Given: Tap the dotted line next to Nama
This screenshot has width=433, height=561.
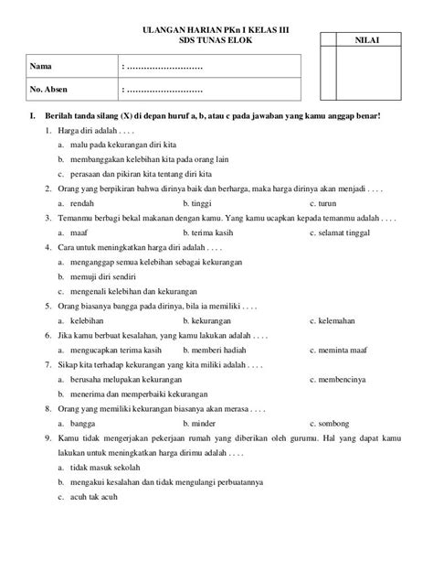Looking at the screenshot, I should pos(162,67).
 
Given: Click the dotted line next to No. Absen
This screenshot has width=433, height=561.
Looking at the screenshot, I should pos(162,91).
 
